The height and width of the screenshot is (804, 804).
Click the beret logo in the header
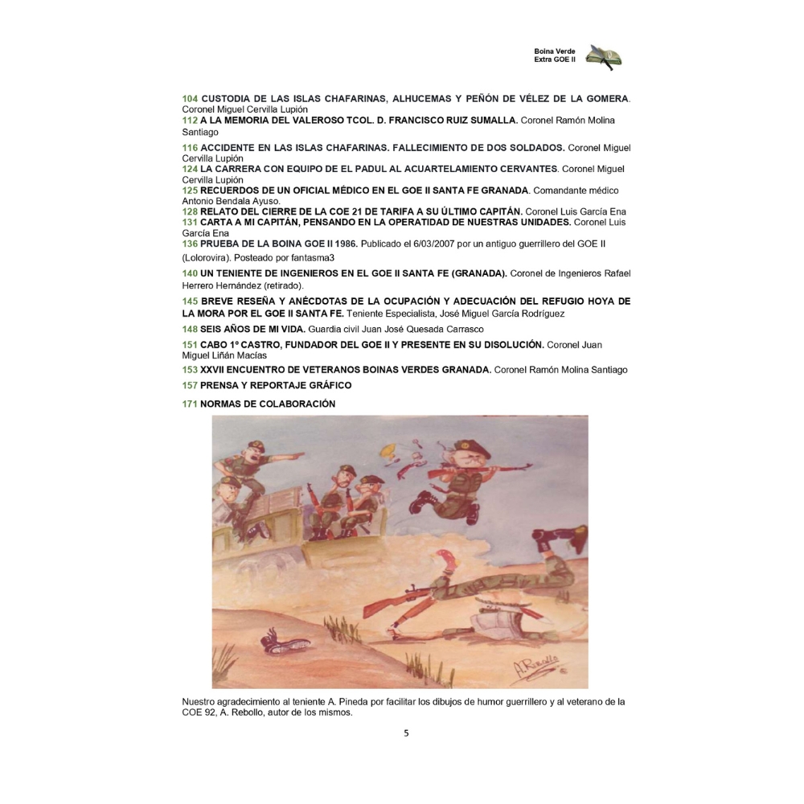pos(604,56)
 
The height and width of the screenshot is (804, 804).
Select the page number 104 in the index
pos(190,98)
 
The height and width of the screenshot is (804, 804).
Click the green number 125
pos(190,191)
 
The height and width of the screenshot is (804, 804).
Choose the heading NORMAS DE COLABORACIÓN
pos(268,404)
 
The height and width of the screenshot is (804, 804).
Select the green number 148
pos(190,330)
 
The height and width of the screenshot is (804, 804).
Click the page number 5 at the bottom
pos(406,732)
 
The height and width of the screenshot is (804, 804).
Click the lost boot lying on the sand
pos(283,642)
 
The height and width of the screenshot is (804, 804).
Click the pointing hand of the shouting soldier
pos(298,453)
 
